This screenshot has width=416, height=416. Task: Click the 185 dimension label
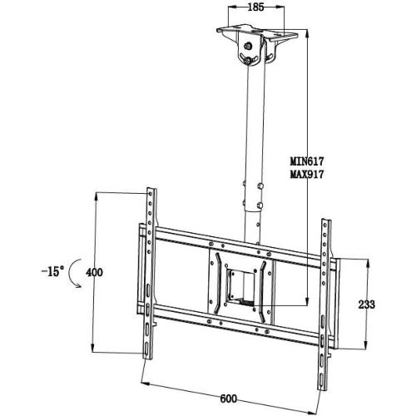pyautogui.click(x=255, y=7)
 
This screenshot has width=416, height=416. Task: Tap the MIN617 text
pyautogui.click(x=307, y=161)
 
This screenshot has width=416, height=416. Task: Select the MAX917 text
pyautogui.click(x=307, y=175)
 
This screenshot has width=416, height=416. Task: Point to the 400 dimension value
pyautogui.click(x=94, y=272)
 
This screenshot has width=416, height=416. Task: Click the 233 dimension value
pyautogui.click(x=367, y=305)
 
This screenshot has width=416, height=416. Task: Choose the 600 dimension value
pyautogui.click(x=229, y=399)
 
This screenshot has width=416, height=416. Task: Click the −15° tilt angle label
pyautogui.click(x=52, y=271)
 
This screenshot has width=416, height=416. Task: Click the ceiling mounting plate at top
pyautogui.click(x=257, y=32)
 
